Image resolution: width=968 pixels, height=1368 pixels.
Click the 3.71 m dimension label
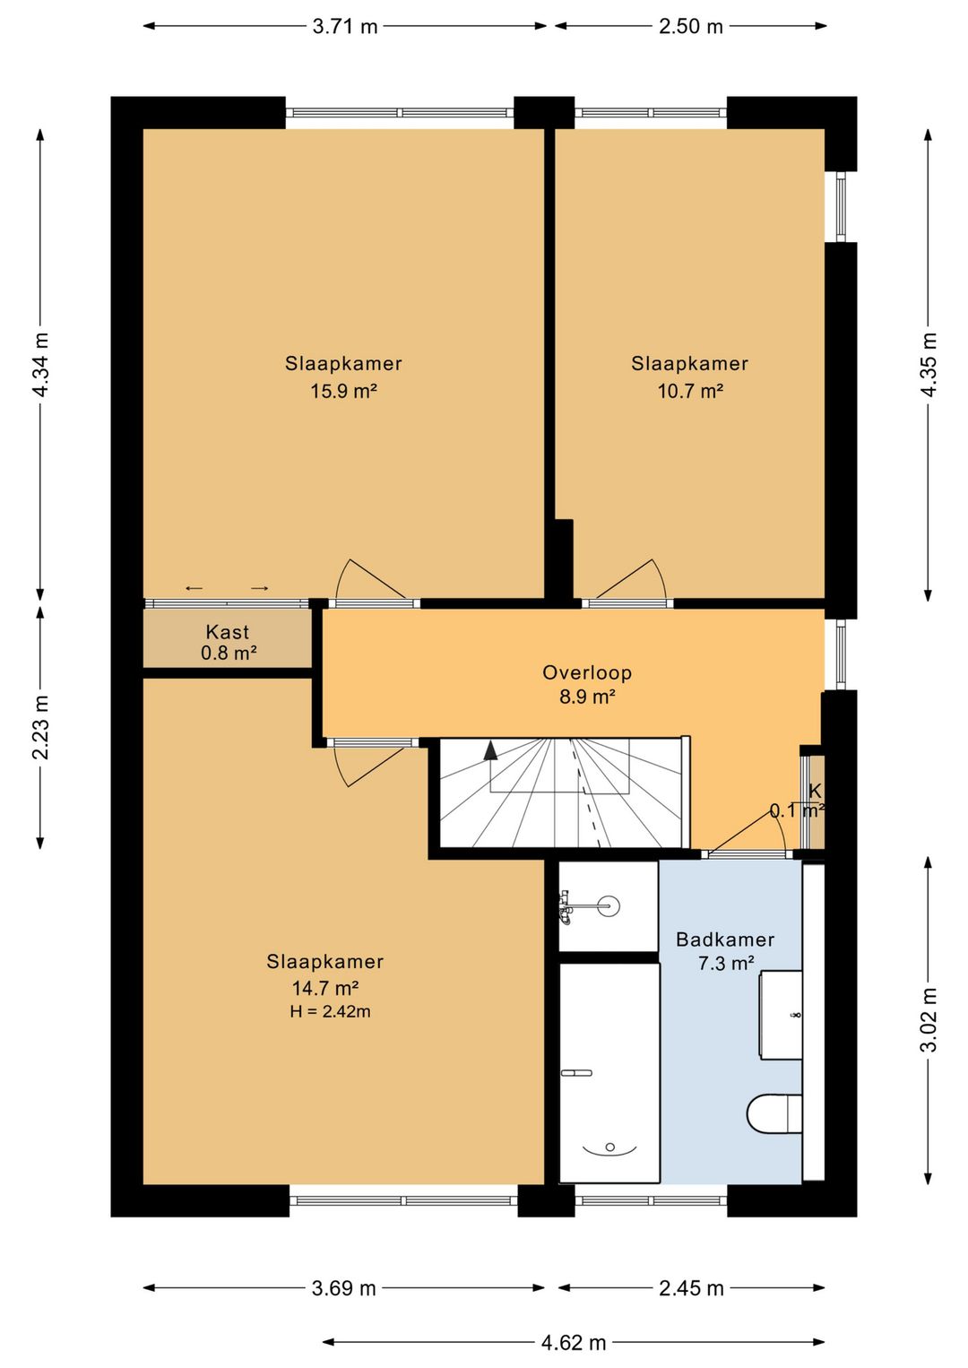tap(345, 26)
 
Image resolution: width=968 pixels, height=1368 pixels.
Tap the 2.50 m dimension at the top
tap(691, 26)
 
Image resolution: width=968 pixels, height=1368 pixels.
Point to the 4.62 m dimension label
tap(574, 1342)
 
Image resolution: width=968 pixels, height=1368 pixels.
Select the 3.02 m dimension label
tap(928, 1020)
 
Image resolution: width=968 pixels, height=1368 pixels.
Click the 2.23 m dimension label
tap(41, 727)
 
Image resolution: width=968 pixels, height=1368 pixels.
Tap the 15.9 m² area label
tap(343, 391)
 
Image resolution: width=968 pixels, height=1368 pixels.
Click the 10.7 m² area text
tap(690, 391)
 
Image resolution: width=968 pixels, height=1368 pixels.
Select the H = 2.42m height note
tap(331, 1011)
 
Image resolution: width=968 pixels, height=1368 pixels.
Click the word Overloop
tap(587, 672)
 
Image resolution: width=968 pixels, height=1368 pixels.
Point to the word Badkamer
tap(725, 939)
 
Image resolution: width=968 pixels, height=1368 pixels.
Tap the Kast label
tap(227, 631)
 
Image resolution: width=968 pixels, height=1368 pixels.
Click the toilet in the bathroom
tap(774, 1113)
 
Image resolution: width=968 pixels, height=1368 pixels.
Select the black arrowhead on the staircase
tap(489, 750)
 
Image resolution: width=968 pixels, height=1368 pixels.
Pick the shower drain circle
tap(609, 905)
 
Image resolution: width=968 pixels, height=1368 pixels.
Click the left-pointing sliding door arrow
tap(194, 589)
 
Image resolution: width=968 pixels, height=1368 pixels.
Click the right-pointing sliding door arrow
tap(260, 589)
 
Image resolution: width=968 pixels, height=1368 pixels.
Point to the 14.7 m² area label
tap(324, 988)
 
